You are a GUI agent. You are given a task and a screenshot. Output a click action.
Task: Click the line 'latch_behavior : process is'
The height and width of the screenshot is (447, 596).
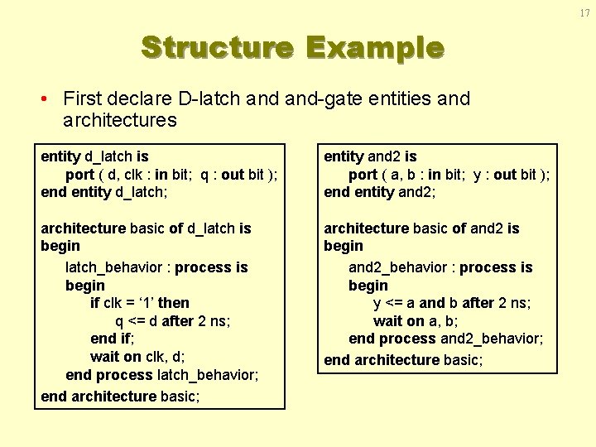(x=156, y=267)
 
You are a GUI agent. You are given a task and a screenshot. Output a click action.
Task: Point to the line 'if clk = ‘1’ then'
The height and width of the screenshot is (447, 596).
(x=140, y=303)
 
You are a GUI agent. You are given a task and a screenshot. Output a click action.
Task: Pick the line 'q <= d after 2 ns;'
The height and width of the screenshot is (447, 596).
(x=172, y=320)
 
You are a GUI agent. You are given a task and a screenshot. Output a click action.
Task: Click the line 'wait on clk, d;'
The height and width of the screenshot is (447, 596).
(x=137, y=357)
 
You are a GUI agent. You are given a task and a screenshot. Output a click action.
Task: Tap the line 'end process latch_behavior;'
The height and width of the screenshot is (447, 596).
(x=162, y=375)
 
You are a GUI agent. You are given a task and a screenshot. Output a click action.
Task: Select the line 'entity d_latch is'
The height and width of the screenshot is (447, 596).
(x=94, y=156)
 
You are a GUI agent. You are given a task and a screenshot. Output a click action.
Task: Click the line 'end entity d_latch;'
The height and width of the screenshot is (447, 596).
(x=104, y=192)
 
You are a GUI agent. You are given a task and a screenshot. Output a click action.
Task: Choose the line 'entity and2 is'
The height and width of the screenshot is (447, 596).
(x=370, y=156)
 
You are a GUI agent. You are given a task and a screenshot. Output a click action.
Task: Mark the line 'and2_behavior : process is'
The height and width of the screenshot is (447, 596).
(x=440, y=267)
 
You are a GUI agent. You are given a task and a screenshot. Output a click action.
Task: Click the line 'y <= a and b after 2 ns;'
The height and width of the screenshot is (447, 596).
(x=452, y=303)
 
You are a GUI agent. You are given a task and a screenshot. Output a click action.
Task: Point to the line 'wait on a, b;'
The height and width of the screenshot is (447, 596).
(x=416, y=321)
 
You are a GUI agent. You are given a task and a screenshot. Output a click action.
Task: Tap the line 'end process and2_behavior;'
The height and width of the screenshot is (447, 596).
(x=446, y=339)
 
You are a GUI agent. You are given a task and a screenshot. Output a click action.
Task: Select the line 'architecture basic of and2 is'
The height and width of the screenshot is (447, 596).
(x=421, y=228)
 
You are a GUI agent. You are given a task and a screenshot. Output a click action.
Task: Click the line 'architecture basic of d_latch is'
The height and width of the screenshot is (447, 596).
(x=146, y=228)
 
